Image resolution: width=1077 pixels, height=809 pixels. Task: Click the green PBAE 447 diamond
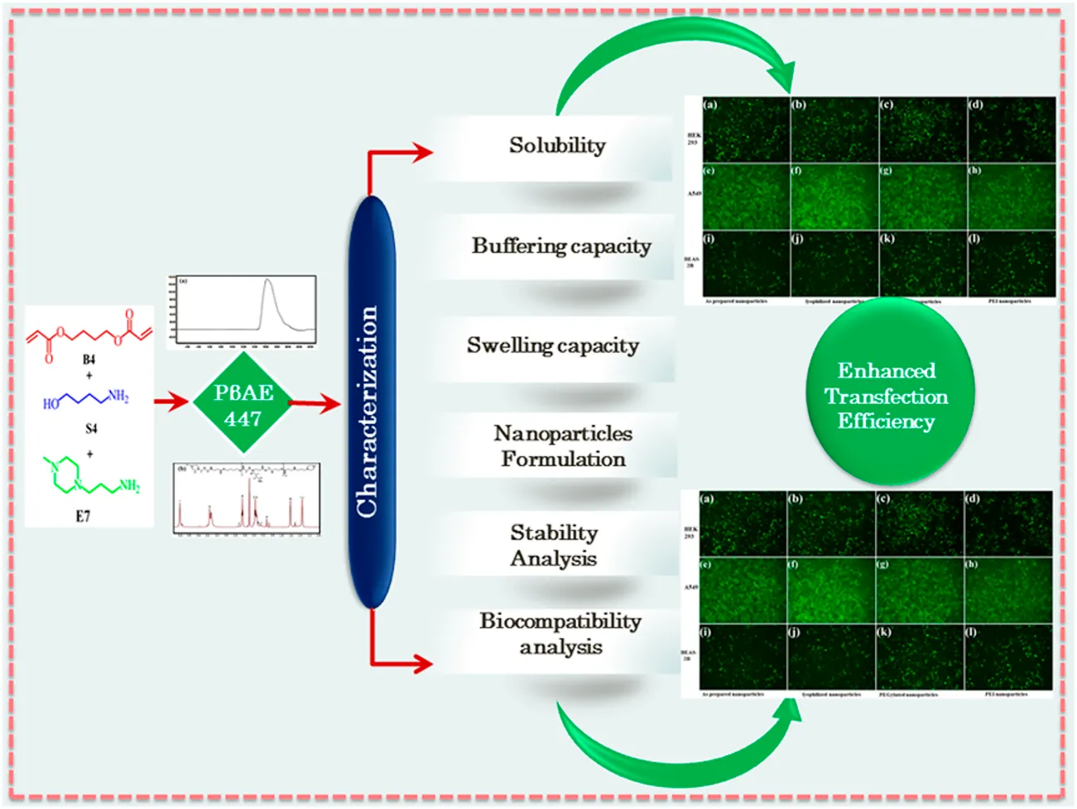click(243, 403)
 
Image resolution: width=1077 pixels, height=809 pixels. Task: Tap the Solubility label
click(556, 147)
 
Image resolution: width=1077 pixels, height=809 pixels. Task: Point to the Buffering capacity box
click(560, 247)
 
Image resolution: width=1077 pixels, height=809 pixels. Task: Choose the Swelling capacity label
click(552, 346)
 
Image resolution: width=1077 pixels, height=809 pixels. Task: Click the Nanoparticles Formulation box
click(562, 446)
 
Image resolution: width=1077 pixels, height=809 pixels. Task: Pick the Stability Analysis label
click(553, 545)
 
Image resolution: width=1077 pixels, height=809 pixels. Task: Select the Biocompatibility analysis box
click(560, 634)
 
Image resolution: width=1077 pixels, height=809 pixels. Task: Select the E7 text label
click(83, 517)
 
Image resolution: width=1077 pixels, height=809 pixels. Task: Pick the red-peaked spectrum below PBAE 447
click(247, 499)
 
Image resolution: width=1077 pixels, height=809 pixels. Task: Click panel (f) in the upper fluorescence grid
click(834, 197)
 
